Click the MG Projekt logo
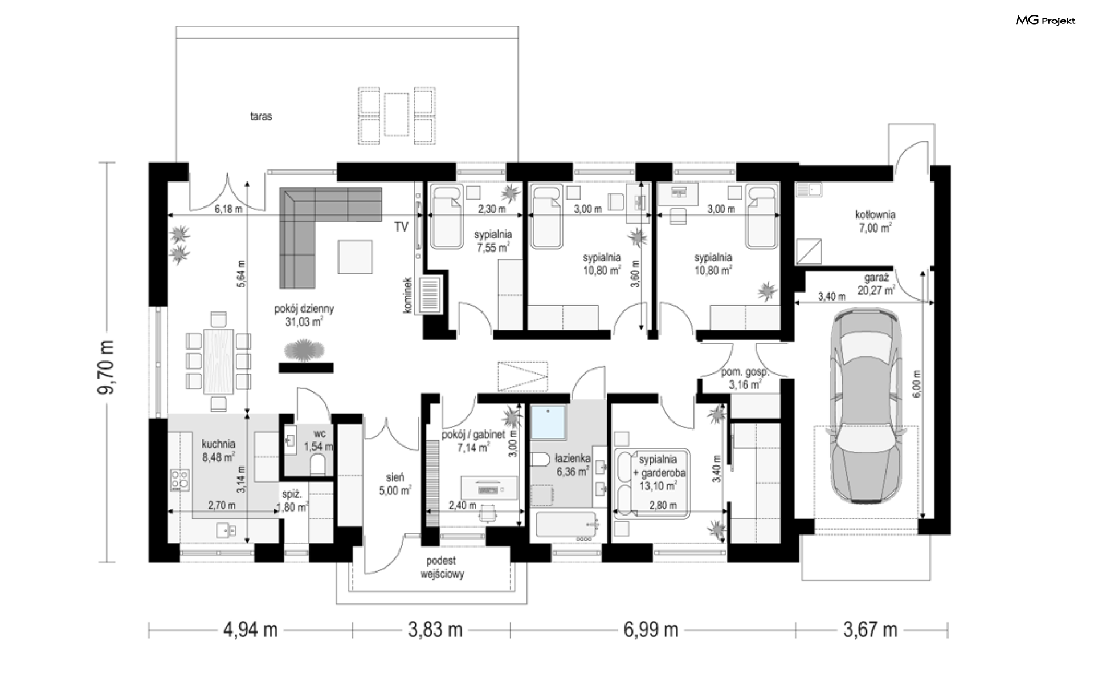pyautogui.click(x=1046, y=21)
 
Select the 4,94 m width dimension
pyautogui.click(x=250, y=630)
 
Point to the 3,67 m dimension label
pyautogui.click(x=870, y=630)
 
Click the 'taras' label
pyautogui.click(x=261, y=117)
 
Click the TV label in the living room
pyautogui.click(x=401, y=227)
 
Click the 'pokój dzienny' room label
pyautogui.click(x=304, y=309)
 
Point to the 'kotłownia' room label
pyautogui.click(x=875, y=215)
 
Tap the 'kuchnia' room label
pyautogui.click(x=218, y=444)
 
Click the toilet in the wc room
pyautogui.click(x=319, y=465)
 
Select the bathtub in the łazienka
pyautogui.click(x=565, y=526)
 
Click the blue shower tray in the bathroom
pyautogui.click(x=549, y=422)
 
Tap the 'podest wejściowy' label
pyautogui.click(x=442, y=567)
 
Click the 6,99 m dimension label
pyautogui.click(x=650, y=630)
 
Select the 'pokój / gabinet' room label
pyautogui.click(x=473, y=435)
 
